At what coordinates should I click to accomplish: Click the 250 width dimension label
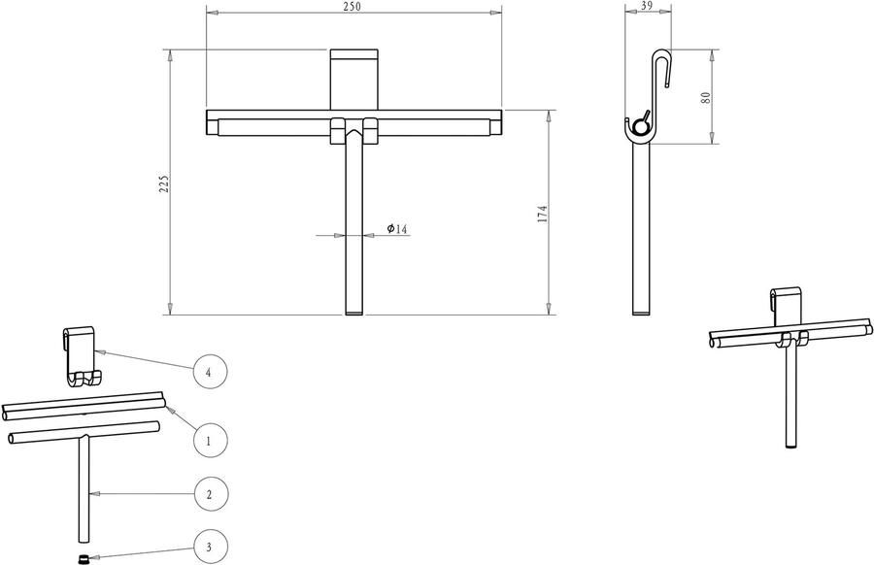[x=353, y=6]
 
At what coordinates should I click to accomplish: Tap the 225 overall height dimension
[x=164, y=183]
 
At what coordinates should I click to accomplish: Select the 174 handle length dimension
[x=542, y=215]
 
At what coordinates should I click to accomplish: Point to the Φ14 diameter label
[x=397, y=228]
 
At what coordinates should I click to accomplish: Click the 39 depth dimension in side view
[x=647, y=6]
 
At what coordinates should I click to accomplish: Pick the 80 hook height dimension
[x=706, y=97]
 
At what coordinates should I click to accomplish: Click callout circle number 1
[x=210, y=440]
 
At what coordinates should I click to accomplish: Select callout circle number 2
[x=210, y=494]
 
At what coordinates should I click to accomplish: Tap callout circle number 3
[x=210, y=547]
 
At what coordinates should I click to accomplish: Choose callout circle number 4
[x=210, y=372]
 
